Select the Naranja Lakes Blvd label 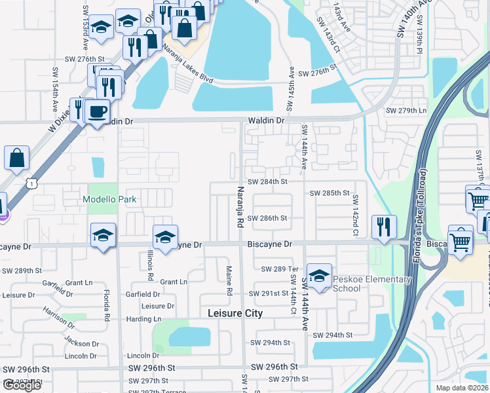tap(188, 65)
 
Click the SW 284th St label tap(267, 181)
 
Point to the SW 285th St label tap(330, 193)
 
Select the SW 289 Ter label tap(280, 269)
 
